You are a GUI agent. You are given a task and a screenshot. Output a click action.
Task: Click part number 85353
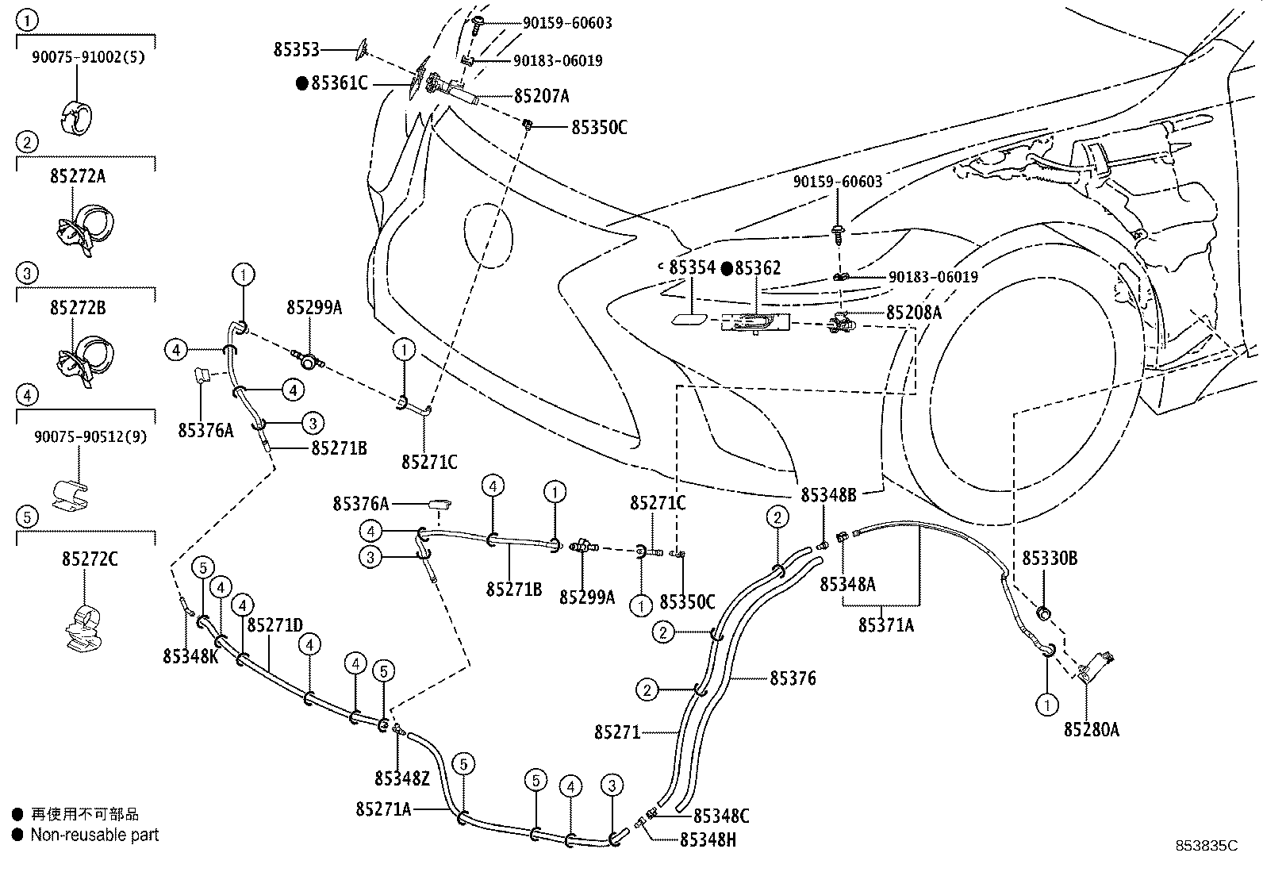point(296,50)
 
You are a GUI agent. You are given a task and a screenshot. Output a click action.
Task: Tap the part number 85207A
point(541,96)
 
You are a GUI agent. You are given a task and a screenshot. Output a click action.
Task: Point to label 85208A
point(913,313)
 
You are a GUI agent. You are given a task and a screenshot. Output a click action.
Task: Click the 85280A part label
point(1091,730)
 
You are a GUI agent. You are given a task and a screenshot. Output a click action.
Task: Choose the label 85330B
point(1049,559)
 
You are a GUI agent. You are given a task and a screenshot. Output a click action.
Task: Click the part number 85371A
point(885,625)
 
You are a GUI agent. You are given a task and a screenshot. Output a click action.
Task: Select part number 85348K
point(190,656)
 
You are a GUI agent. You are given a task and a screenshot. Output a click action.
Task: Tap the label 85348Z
point(401,778)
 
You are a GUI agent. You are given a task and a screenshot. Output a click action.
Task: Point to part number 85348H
point(708,839)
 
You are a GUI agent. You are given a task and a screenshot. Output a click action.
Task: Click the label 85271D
point(274,625)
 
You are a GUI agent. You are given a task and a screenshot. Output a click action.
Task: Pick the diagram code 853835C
point(1207,847)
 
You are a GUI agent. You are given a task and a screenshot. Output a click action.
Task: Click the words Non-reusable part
point(94,835)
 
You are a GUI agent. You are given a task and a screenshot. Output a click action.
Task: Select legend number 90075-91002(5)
point(88,57)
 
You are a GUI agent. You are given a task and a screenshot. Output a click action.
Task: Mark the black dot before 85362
point(726,269)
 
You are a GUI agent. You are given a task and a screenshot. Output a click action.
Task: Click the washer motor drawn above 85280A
point(1097,665)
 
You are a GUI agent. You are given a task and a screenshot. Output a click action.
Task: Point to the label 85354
point(691,268)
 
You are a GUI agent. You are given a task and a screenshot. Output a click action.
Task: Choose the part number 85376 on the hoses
point(792,678)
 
